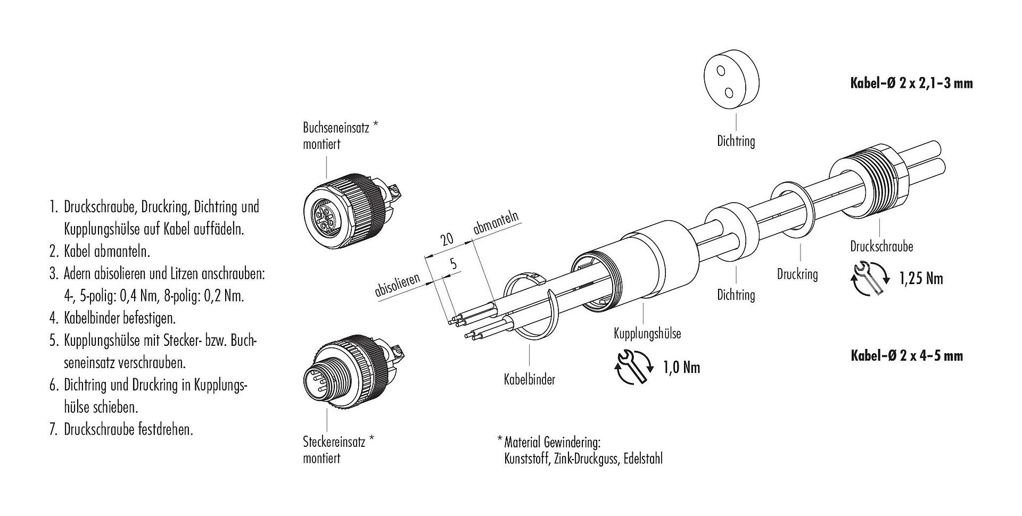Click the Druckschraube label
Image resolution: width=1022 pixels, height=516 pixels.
coord(881,246)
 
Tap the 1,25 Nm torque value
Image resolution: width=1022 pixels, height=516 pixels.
coord(921,278)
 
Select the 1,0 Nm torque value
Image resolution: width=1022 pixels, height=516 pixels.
coord(681,367)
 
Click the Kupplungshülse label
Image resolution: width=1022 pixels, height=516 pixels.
coord(647,334)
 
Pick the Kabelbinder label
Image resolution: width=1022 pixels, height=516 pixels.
coord(529,380)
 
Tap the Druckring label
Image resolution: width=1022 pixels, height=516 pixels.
coord(797,274)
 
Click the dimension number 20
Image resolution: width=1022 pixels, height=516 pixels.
coord(447,239)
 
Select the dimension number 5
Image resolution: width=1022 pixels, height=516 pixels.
coord(454,264)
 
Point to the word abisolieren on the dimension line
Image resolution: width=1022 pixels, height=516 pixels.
coord(398,285)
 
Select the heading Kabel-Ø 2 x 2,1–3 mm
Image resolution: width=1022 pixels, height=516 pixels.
coord(909,84)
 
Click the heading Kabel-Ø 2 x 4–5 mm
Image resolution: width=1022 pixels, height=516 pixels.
coord(906,355)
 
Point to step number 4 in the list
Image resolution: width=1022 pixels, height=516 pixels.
coord(53,319)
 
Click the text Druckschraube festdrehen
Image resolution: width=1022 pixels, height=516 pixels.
coord(128,429)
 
